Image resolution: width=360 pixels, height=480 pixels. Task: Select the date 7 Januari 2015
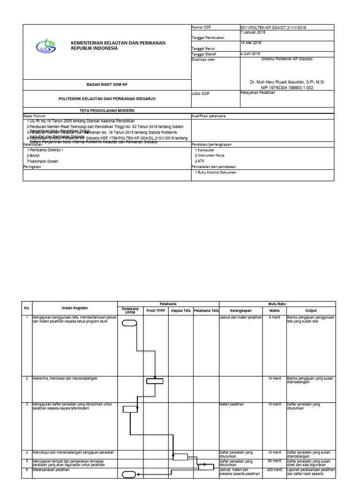tap(253, 33)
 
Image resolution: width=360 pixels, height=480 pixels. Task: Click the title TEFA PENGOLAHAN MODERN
tap(106, 110)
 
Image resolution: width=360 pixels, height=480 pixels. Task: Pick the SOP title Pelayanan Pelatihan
tap(257, 93)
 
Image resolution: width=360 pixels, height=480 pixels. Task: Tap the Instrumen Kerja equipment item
tap(211, 155)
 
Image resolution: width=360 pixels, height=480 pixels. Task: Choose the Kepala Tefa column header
tap(180, 310)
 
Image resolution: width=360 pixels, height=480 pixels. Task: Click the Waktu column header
tap(274, 310)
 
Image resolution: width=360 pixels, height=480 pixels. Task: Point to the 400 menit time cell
tap(274, 469)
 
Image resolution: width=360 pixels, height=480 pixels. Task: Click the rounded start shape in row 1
tap(129, 322)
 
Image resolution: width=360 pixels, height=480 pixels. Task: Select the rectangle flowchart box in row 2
tap(154, 381)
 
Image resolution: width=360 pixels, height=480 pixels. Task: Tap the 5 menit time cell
tap(274, 318)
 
